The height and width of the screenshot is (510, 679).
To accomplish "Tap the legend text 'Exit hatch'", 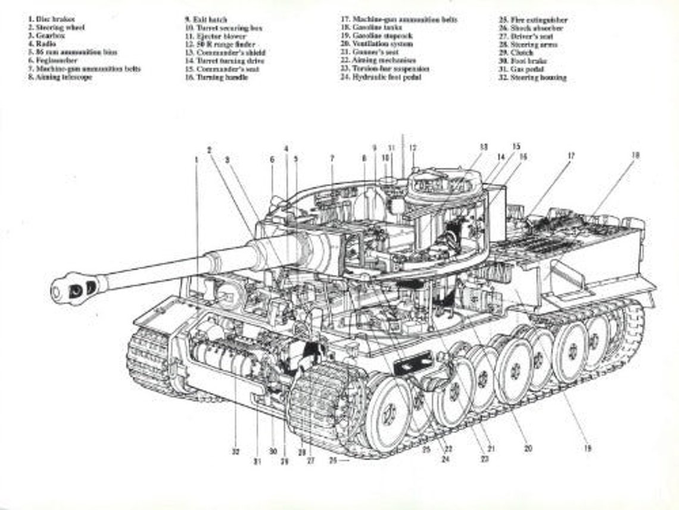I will [205, 20].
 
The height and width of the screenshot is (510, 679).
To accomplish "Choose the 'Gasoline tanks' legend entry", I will [375, 27].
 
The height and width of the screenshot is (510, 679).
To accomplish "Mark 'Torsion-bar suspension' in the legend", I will [385, 69].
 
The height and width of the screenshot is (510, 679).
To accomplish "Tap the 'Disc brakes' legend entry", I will [51, 19].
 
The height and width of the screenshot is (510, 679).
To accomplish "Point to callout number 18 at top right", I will [636, 155].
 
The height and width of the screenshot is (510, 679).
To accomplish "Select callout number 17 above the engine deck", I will [571, 156].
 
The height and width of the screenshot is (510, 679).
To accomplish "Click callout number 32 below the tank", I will [236, 452].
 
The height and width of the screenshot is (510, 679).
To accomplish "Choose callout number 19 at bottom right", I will [587, 449].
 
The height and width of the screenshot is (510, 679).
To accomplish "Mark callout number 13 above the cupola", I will [484, 146].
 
